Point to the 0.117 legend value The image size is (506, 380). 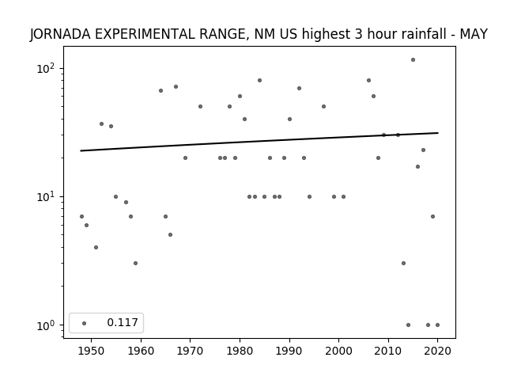tap(123, 322)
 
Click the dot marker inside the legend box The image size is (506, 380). tap(85, 323)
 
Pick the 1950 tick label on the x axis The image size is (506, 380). tap(92, 351)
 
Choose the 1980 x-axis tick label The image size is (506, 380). tap(240, 351)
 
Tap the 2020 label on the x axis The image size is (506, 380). tap(437, 351)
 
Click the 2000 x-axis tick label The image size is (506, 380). tap(339, 351)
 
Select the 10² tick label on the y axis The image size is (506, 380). tap(46, 68)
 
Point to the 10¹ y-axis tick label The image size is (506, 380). tap(46, 196)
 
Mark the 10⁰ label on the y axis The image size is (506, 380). tap(46, 325)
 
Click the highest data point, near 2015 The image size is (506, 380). tap(413, 60)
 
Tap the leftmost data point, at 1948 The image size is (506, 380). tap(81, 216)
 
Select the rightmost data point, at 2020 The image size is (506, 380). tap(437, 325)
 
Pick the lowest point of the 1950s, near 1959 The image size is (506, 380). tap(135, 264)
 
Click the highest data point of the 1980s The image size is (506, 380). tap(260, 81)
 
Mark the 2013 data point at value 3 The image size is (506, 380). tap(403, 264)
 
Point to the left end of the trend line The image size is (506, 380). tap(81, 151)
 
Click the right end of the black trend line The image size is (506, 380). tap(438, 133)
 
